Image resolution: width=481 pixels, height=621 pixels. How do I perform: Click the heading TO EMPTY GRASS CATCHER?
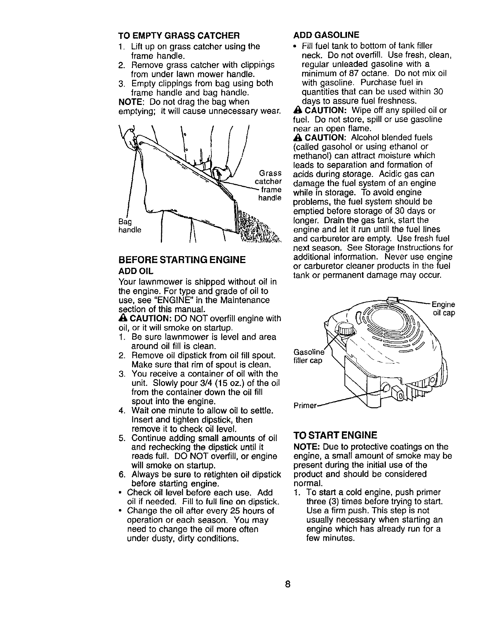(178, 36)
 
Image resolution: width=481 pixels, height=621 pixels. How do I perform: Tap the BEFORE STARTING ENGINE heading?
(182, 260)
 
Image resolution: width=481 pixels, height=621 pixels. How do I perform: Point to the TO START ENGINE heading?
(335, 434)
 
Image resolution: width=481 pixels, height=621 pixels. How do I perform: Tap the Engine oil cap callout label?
(443, 309)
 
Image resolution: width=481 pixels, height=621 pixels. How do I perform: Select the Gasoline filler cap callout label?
(308, 356)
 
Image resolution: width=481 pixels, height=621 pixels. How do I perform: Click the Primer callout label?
(305, 406)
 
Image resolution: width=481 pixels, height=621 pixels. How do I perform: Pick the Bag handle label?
(129, 226)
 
